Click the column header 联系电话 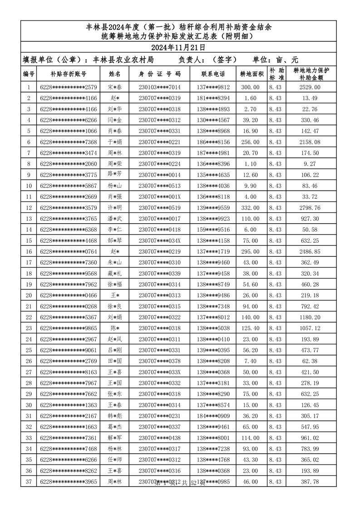coord(213,73)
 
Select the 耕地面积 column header coord(252,73)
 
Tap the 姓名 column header coord(114,73)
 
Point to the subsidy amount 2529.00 coord(311,87)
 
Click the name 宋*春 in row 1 coord(114,87)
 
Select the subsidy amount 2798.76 coord(311,208)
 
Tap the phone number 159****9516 coord(213,230)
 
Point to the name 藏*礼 coord(114,274)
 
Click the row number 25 coord(29,350)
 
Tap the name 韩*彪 coord(114,416)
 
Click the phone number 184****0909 coord(213,416)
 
